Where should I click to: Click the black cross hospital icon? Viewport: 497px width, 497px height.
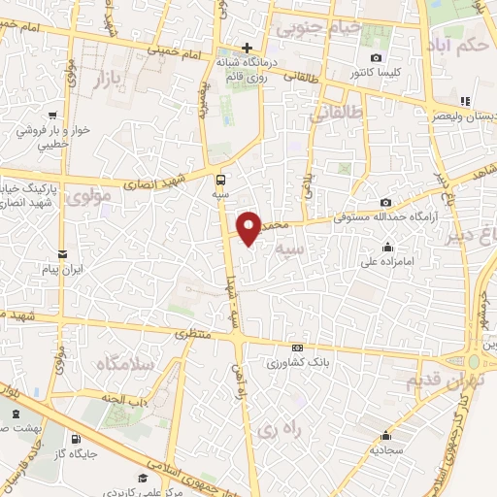[x=248, y=48]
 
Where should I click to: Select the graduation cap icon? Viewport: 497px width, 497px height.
[x=143, y=478]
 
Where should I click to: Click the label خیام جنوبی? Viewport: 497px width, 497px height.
[x=319, y=27]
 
